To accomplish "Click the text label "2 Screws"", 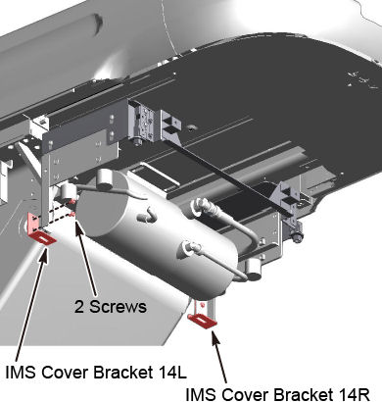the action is point(111,307).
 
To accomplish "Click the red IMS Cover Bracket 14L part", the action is point(39,230).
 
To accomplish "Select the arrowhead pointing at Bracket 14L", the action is point(44,254).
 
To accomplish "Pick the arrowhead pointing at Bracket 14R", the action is point(215,339).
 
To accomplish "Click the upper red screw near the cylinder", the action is point(73,201).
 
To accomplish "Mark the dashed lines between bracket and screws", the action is point(56,214).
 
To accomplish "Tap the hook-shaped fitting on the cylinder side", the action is point(146,214).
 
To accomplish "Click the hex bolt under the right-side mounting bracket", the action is point(297,236).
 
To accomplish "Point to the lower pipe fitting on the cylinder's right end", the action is point(189,249).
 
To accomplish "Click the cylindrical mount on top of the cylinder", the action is point(105,178).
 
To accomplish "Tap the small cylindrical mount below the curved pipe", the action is point(253,266).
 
